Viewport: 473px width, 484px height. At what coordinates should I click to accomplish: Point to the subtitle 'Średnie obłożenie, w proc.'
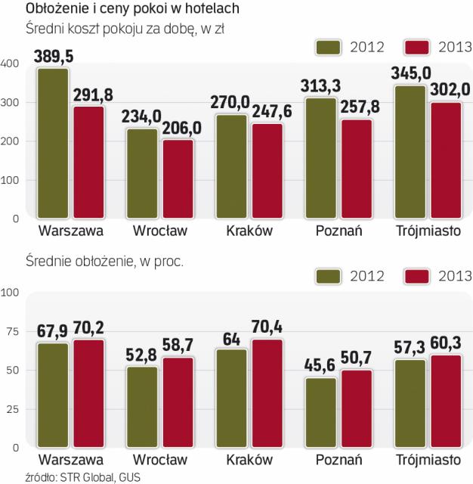[x=105, y=262]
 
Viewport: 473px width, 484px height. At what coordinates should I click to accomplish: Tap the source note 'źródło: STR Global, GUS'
[x=73, y=476]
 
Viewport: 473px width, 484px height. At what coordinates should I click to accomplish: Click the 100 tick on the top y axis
[x=9, y=180]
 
